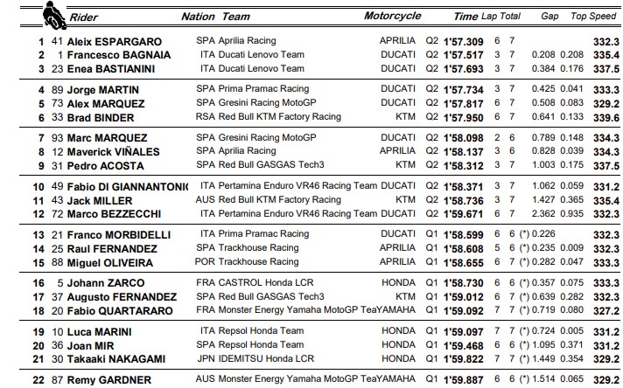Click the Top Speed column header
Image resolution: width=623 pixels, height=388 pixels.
[590, 17]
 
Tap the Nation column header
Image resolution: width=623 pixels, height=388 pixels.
[198, 17]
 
